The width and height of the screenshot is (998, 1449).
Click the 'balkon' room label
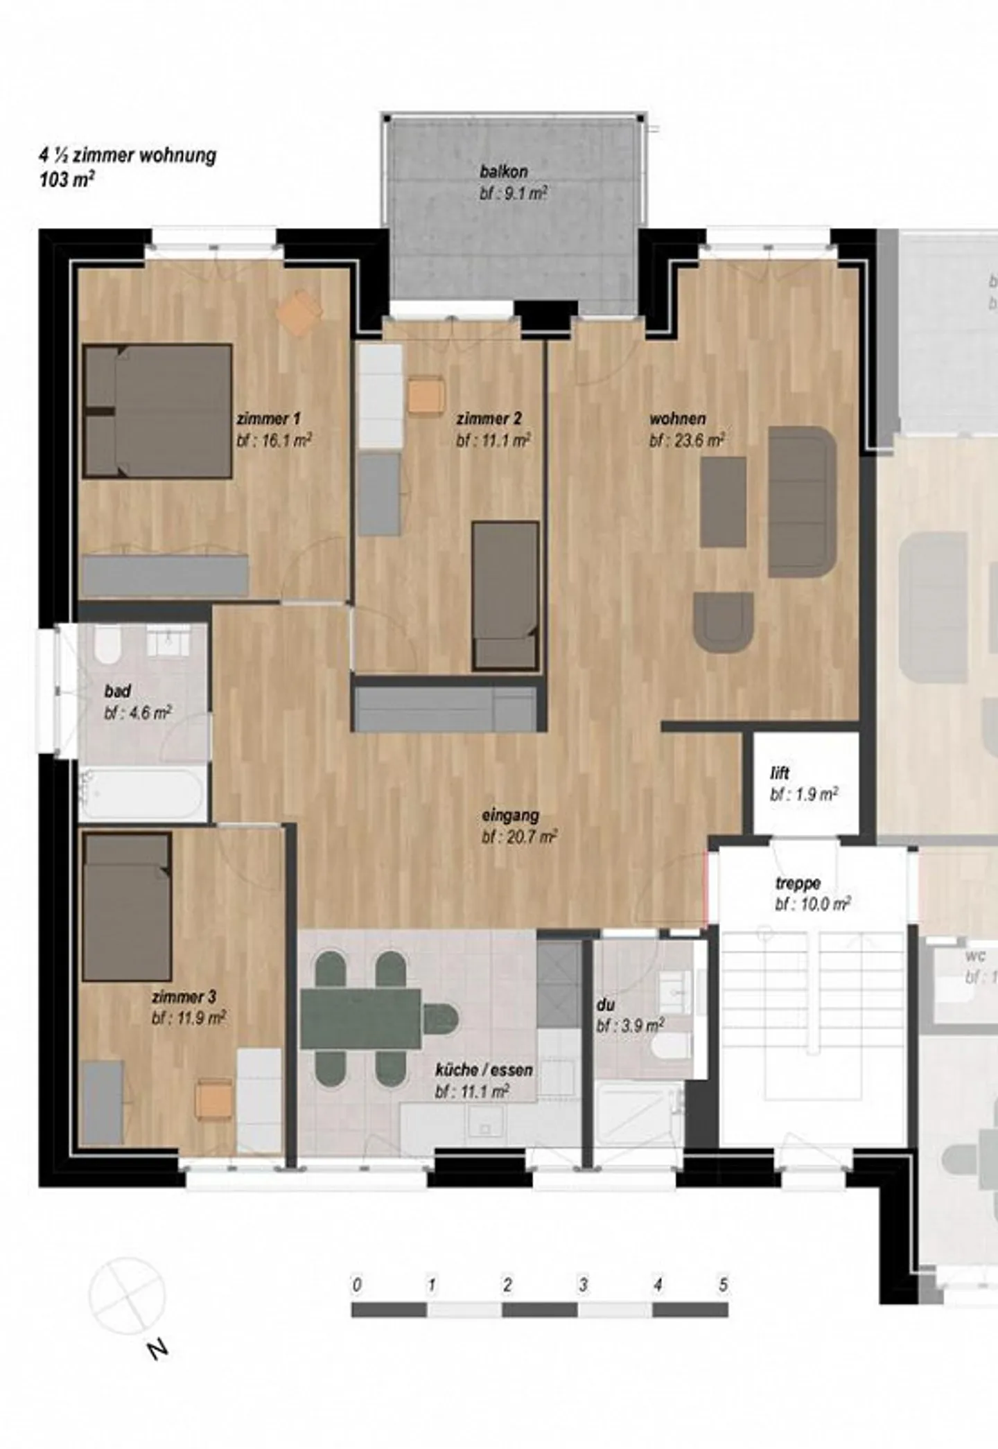(x=504, y=170)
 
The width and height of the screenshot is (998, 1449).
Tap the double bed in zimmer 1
(x=158, y=412)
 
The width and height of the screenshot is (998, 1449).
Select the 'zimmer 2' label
(x=489, y=419)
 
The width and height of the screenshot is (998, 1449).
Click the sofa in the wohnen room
(x=803, y=502)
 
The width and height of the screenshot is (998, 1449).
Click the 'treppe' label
(x=798, y=884)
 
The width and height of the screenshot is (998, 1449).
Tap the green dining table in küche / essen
(x=361, y=1018)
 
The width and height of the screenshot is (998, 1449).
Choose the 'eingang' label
(x=510, y=816)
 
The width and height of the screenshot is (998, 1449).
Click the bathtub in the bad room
(x=143, y=793)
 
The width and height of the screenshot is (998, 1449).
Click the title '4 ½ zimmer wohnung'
(x=128, y=155)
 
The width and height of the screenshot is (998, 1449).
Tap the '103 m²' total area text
(x=67, y=179)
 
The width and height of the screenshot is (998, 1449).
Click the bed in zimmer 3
(x=128, y=907)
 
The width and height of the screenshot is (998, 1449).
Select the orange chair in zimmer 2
(x=426, y=396)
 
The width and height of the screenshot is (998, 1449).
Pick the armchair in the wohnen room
(x=723, y=622)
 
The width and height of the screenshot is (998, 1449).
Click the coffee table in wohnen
(x=723, y=502)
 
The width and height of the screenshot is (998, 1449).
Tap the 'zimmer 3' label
(x=184, y=997)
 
